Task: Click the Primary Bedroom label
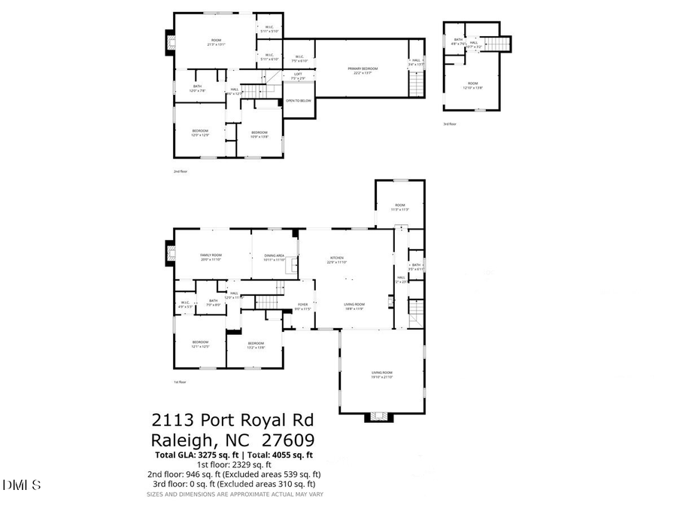[363, 68]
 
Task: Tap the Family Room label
[211, 255]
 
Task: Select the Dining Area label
[274, 256]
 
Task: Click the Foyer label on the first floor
[302, 306]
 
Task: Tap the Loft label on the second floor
[298, 73]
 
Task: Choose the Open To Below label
[298, 100]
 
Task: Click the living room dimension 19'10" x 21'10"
[382, 377]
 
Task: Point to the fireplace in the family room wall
[168, 254]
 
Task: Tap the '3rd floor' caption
[449, 124]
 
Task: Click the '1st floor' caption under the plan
[179, 382]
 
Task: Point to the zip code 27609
[288, 440]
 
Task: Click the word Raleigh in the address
[185, 440]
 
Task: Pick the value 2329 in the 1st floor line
[223, 464]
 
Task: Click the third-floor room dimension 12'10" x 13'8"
[472, 88]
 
